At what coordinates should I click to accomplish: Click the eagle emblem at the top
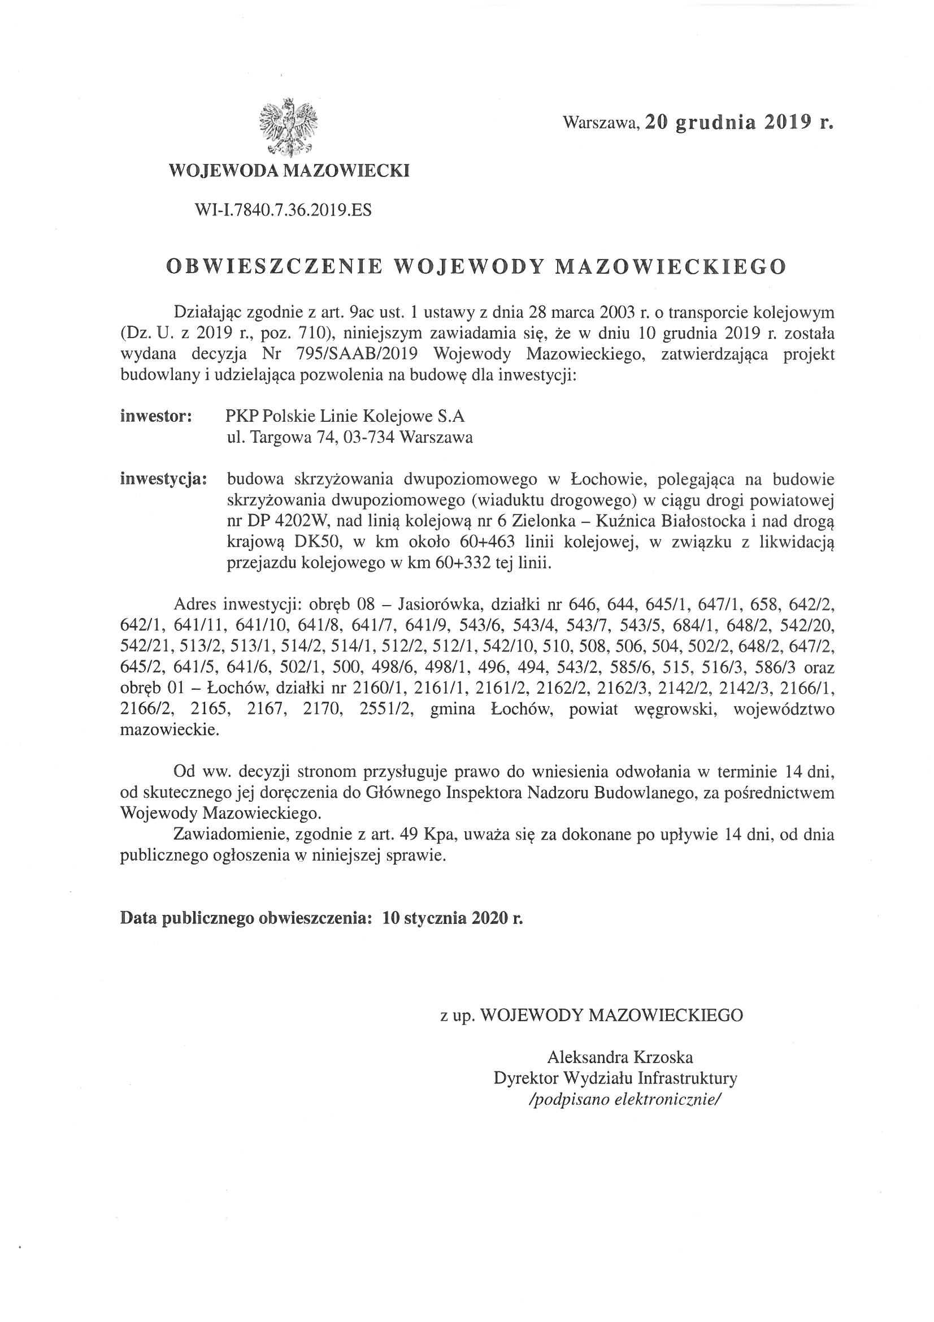(x=288, y=128)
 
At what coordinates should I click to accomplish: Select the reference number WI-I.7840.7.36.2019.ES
(x=283, y=211)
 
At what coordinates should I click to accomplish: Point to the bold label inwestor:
(x=156, y=416)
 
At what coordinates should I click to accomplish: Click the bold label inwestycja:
(x=163, y=479)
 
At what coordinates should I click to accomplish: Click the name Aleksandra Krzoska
(x=620, y=1057)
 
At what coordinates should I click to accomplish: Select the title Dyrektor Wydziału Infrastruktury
(x=615, y=1078)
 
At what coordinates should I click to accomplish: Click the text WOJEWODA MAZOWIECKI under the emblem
(x=288, y=171)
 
